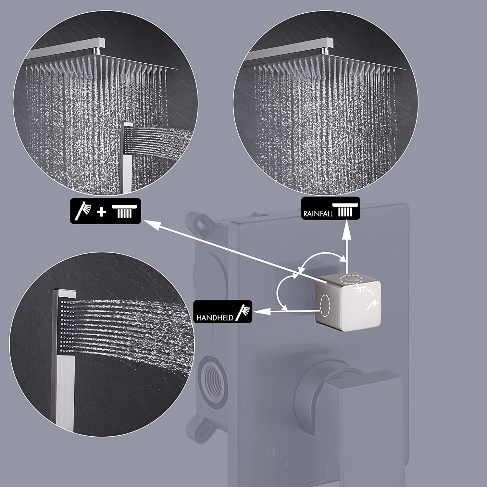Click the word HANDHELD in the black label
(215, 318)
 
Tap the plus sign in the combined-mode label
(102, 212)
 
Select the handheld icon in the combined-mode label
(83, 211)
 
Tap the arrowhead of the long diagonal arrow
(150, 225)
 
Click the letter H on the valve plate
(269, 454)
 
